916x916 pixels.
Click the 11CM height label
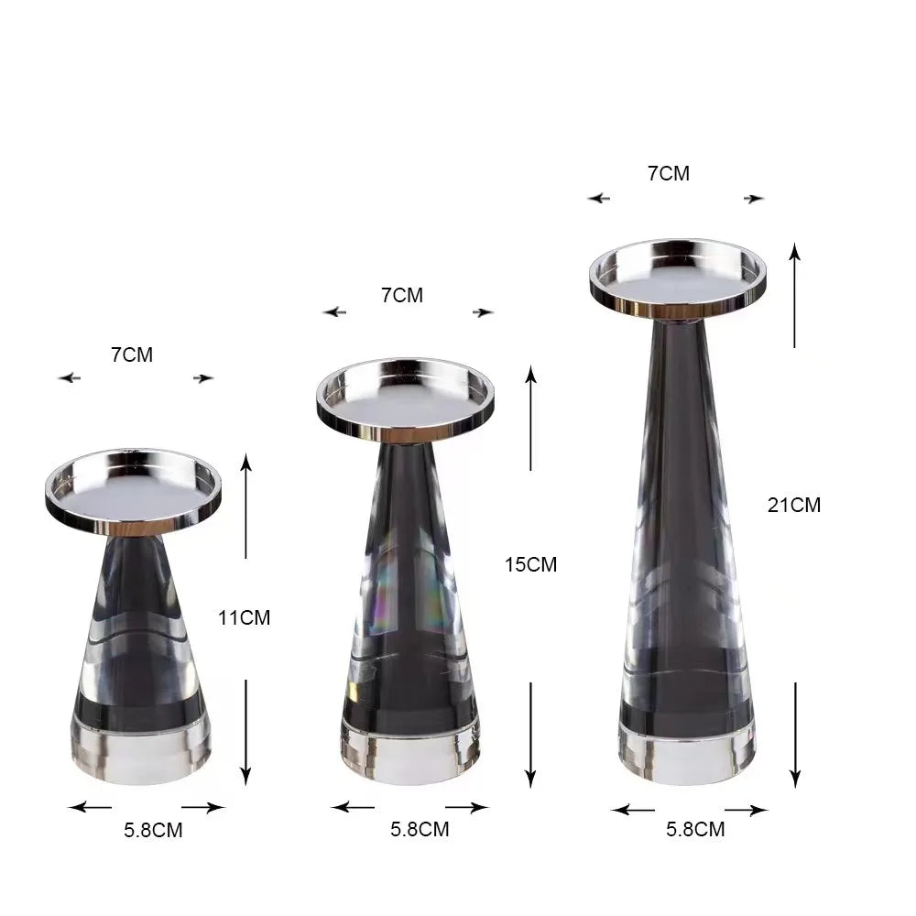[x=244, y=617]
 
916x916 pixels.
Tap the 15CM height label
[x=530, y=565]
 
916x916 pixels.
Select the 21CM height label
[x=794, y=505]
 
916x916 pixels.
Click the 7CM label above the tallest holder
[x=669, y=173]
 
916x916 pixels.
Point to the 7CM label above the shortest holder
[x=132, y=355]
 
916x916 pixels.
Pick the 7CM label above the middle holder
[x=402, y=295]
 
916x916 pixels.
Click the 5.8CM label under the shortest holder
[x=153, y=832]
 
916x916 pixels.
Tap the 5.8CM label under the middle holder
[x=420, y=830]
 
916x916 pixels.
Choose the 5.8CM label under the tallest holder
[x=695, y=830]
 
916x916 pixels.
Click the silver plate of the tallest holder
[x=678, y=275]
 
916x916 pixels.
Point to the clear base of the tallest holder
[x=687, y=747]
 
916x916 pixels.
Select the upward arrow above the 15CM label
[x=530, y=417]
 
